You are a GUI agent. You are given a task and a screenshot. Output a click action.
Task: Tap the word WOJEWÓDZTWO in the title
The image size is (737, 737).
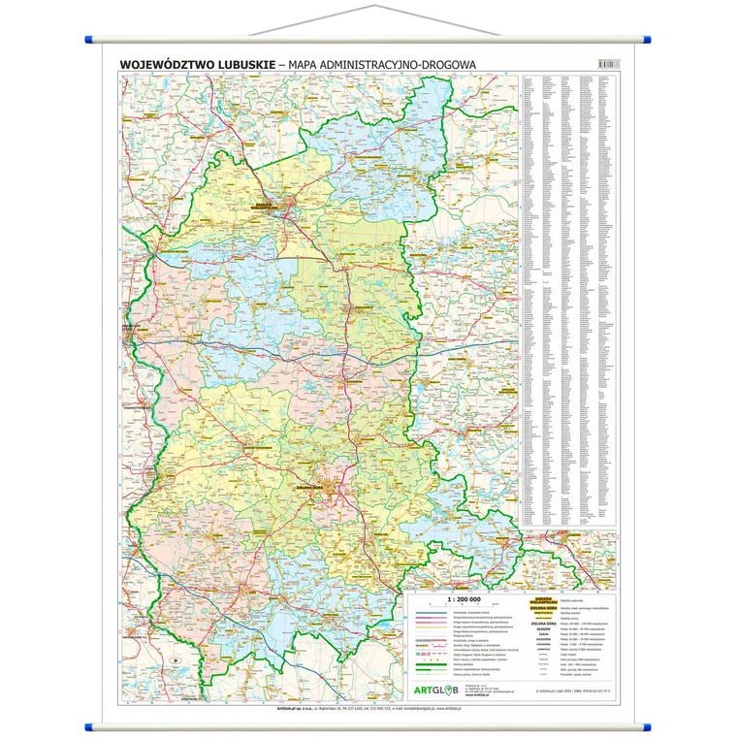[x=165, y=65]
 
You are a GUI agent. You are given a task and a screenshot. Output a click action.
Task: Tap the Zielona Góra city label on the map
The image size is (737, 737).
[x=332, y=486]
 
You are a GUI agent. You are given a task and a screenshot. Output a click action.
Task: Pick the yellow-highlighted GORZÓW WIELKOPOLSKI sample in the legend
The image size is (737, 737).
[x=548, y=600]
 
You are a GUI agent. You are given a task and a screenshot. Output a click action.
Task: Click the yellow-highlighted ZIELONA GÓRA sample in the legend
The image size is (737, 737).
[x=548, y=608]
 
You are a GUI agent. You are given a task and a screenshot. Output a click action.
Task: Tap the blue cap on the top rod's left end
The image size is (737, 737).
[x=90, y=39]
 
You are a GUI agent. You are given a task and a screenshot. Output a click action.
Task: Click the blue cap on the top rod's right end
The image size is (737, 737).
[x=647, y=39]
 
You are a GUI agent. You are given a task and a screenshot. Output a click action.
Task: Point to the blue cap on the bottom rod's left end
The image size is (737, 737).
[x=90, y=722]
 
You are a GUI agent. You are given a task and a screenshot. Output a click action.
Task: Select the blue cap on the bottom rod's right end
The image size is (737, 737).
[x=647, y=722]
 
